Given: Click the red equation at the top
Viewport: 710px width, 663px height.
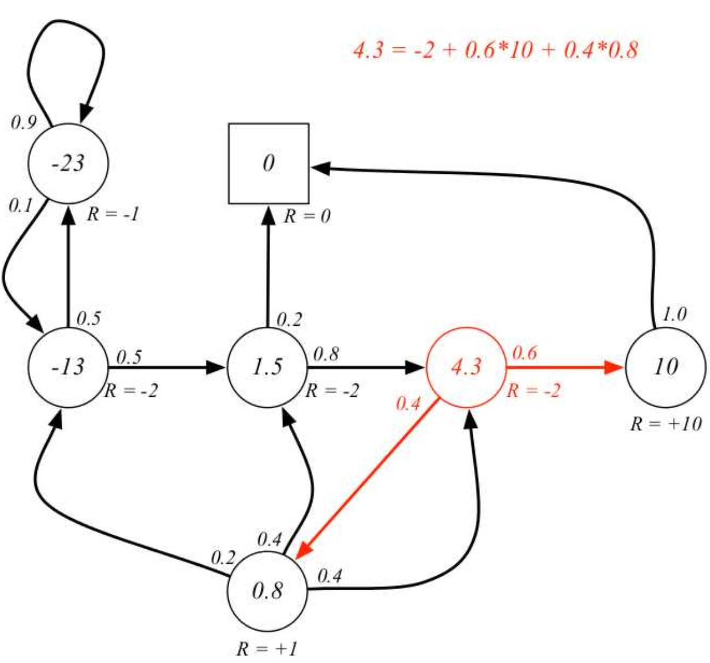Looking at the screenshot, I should (495, 50).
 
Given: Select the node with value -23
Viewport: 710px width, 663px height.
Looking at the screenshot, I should (68, 163).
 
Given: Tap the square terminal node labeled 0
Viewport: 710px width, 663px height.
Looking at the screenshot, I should (268, 163).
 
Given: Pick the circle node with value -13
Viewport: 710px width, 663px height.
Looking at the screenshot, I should (68, 367).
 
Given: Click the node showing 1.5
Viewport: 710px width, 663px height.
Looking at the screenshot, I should (267, 367).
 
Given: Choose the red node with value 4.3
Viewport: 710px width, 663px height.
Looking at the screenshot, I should (466, 367).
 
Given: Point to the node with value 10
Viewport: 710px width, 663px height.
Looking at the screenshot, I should (665, 367).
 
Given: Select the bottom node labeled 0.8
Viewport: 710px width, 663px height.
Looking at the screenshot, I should (267, 591).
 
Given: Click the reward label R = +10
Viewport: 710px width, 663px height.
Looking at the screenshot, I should (666, 424).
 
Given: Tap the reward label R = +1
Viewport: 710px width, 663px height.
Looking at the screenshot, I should (267, 649).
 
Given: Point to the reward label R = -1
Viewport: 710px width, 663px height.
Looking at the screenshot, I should (113, 215).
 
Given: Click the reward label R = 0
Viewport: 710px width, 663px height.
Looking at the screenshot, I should (307, 217).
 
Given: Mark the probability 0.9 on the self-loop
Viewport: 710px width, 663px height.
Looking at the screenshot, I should (24, 122).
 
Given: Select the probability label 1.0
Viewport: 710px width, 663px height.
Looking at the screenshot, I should (674, 314).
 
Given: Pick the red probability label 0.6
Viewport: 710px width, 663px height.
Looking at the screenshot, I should (524, 353).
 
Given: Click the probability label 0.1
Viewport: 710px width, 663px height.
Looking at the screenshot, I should (21, 206).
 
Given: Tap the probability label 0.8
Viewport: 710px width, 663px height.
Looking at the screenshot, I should (326, 354).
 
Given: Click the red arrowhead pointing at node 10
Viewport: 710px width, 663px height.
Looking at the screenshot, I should (614, 367).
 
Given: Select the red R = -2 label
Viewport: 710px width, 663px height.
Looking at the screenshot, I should (533, 391).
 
